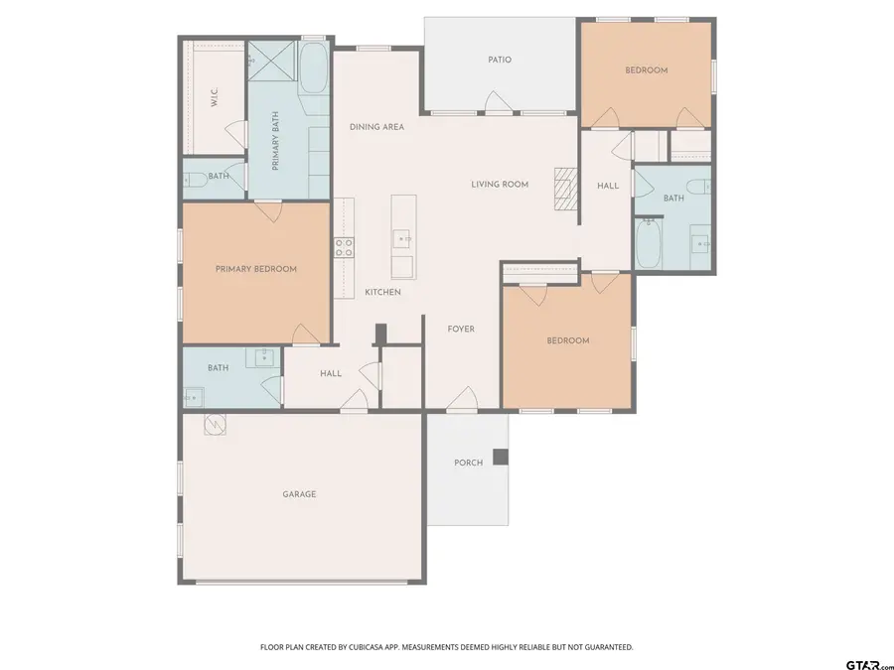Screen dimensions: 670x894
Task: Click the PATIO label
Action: coord(500,60)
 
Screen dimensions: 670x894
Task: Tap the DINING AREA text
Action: coord(376,127)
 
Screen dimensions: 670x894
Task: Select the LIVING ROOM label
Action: coord(500,184)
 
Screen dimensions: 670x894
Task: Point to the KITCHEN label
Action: coord(382,292)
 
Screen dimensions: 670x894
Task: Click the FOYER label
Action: coord(461,329)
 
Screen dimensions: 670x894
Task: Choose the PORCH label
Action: coord(468,463)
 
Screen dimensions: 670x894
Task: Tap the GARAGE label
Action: coord(299,493)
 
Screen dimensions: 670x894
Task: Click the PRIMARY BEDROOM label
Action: coord(256,269)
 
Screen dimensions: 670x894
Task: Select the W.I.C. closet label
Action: coord(214,97)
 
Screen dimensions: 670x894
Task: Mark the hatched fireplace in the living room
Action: coord(564,189)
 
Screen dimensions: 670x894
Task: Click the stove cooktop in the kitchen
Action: coord(344,247)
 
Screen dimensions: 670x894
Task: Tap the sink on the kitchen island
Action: coord(402,239)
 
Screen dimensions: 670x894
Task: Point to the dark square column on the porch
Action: coord(501,457)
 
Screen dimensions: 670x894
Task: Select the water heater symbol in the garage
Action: coord(215,425)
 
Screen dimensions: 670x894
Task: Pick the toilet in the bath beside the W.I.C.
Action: coord(194,179)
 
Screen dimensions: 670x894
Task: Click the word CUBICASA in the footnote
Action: coord(368,647)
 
